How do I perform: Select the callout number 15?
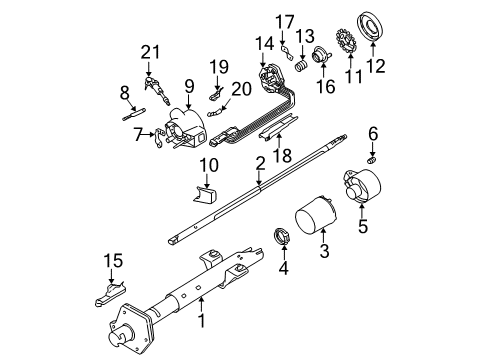click(114, 262)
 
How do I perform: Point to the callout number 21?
click(151, 52)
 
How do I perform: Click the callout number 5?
click(362, 227)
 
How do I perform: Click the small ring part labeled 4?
click(283, 236)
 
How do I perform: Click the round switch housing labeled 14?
click(268, 77)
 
